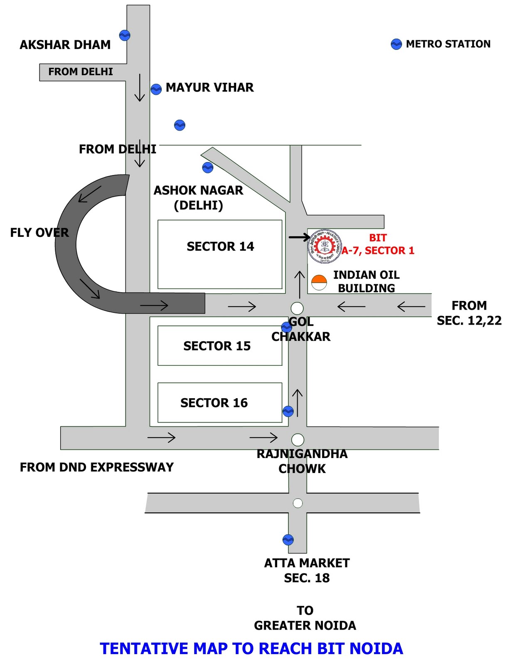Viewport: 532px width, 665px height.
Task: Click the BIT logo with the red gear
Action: (x=325, y=246)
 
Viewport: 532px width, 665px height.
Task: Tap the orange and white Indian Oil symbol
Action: (x=319, y=282)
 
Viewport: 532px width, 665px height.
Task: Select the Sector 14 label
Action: (x=220, y=246)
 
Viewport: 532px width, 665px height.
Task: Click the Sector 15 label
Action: (x=217, y=346)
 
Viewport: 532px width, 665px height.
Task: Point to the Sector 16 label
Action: (x=214, y=403)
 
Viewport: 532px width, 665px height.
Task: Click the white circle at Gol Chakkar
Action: (x=297, y=308)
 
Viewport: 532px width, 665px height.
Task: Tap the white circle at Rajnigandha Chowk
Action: (x=298, y=439)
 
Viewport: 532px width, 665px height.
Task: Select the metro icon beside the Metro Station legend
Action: (x=397, y=44)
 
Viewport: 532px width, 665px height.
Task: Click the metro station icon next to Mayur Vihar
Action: (x=156, y=89)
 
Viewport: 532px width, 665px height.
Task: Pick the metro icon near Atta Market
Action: (x=288, y=540)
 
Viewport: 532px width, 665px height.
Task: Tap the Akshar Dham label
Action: (x=65, y=45)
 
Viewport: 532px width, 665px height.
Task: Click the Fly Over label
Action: (x=39, y=233)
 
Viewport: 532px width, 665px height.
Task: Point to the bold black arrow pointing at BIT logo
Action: (x=299, y=237)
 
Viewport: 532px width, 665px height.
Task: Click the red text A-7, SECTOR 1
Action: (x=378, y=251)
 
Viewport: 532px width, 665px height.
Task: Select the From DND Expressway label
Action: (x=97, y=467)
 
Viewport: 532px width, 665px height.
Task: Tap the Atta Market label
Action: (x=307, y=563)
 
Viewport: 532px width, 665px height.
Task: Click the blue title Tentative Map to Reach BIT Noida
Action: (x=251, y=648)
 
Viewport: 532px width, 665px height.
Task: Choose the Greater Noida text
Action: (x=305, y=626)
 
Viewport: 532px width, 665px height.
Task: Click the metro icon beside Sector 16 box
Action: (x=288, y=411)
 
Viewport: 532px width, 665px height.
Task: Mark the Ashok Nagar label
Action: (x=198, y=190)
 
